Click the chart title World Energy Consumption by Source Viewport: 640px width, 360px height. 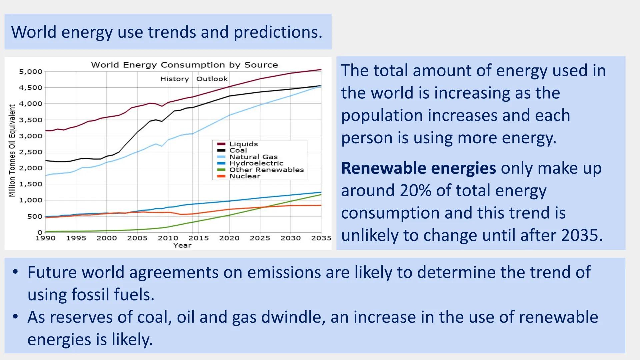pos(184,65)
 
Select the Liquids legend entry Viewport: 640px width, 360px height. pos(244,144)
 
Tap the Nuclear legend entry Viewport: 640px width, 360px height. pos(245,176)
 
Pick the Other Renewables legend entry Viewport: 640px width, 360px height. pos(266,170)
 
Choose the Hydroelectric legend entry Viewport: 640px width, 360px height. pos(256,163)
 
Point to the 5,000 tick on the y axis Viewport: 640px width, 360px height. pos(31,72)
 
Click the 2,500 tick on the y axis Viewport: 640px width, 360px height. pos(31,152)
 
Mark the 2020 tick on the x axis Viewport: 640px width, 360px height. pos(229,238)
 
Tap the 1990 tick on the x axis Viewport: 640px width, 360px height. pos(45,238)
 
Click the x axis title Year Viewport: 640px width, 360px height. pos(182,245)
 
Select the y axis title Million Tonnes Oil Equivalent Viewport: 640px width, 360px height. pos(12,151)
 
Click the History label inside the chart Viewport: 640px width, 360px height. pos(174,79)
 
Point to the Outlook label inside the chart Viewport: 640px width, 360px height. pos(212,79)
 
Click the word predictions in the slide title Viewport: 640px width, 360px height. pos(277,32)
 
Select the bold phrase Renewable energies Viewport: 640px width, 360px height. pos(418,168)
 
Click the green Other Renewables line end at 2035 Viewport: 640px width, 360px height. pos(321,194)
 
